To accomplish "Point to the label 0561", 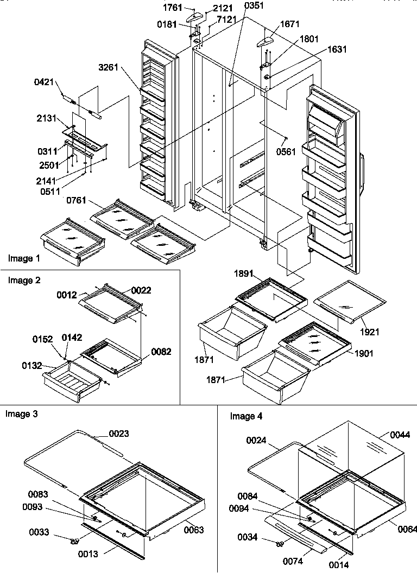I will pos(286,151).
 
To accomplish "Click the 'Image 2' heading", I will pos(24,281).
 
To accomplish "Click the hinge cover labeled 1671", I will pos(266,41).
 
